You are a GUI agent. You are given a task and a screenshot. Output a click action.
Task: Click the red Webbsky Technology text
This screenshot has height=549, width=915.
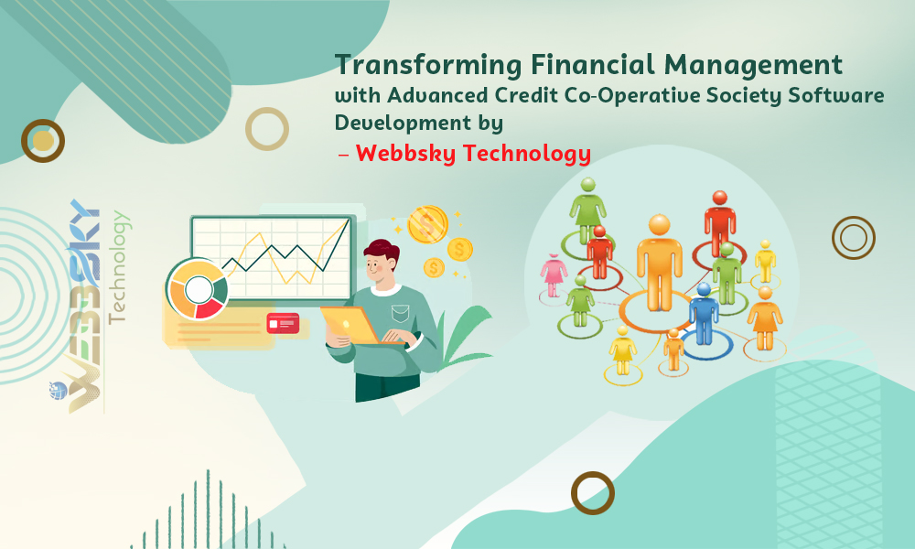(x=473, y=154)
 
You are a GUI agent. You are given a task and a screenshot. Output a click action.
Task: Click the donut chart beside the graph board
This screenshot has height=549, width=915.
(x=198, y=289)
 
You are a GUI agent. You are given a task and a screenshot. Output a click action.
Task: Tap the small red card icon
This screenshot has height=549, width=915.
(x=283, y=323)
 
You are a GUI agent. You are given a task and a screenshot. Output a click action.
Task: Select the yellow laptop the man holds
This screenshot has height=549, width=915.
(x=351, y=325)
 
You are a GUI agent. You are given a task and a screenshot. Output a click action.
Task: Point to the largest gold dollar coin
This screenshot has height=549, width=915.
(x=427, y=224)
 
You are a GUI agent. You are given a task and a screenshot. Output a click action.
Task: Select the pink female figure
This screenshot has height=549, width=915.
(x=554, y=275)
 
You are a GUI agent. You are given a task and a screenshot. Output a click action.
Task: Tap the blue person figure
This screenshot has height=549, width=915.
(x=704, y=314)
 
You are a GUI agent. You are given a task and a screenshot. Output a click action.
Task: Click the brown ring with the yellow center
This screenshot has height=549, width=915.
(x=43, y=141)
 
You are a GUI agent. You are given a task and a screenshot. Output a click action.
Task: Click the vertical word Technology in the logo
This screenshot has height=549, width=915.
(x=118, y=266)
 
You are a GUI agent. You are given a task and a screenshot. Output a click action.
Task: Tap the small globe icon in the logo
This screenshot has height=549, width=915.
(x=59, y=391)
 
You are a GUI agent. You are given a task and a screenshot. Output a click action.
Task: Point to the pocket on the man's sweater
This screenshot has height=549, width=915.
(x=401, y=313)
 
